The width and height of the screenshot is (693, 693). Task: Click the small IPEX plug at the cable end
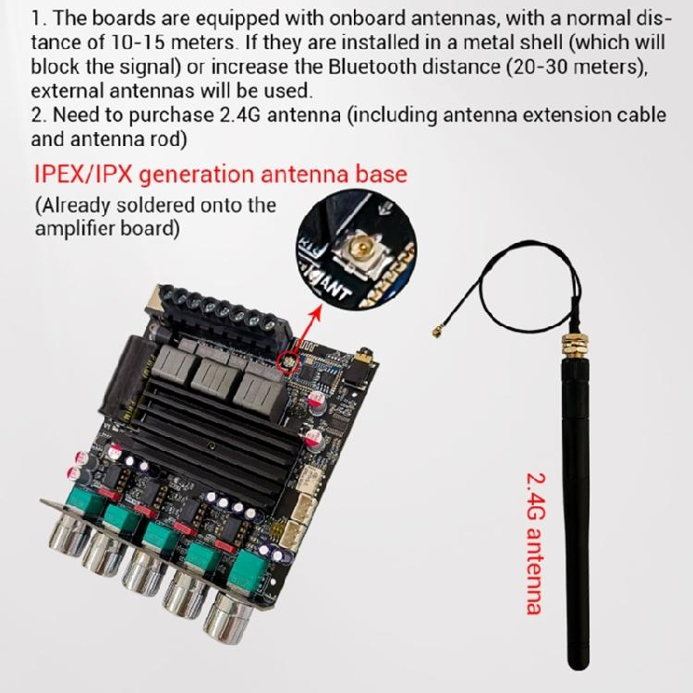tap(439, 331)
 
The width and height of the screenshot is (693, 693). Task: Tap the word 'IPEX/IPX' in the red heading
tap(83, 175)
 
